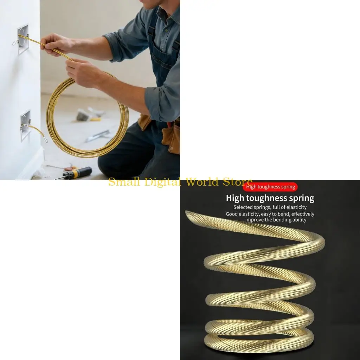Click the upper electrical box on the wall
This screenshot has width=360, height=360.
coord(23,39)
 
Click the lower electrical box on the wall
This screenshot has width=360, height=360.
coord(25,125)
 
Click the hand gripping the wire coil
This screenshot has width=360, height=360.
coord(83,73)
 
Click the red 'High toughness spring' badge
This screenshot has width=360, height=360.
coord(270,187)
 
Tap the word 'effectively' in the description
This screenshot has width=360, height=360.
coord(303,214)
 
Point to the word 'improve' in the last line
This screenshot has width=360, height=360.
coord(254,220)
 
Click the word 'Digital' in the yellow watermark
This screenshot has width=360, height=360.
coord(163,182)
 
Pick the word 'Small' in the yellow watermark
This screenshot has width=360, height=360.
coord(124,182)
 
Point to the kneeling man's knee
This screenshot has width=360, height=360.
coord(108,163)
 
